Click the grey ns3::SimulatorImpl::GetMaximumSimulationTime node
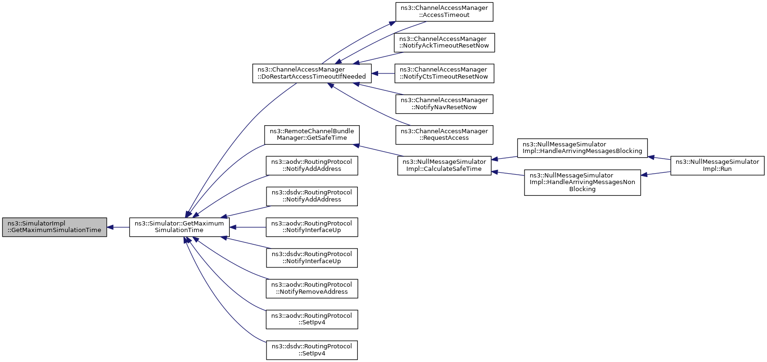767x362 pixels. pyautogui.click(x=55, y=227)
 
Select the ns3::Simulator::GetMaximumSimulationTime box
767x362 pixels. pyautogui.click(x=179, y=227)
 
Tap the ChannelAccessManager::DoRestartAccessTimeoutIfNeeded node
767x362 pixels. pyautogui.click(x=312, y=73)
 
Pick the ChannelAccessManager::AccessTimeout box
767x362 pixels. pyautogui.click(x=444, y=12)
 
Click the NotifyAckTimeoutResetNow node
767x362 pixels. pyautogui.click(x=444, y=43)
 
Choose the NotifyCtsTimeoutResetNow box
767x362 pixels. pyautogui.click(x=444, y=73)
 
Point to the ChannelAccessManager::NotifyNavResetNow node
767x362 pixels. pyautogui.click(x=444, y=104)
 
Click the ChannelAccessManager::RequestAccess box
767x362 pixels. pyautogui.click(x=444, y=135)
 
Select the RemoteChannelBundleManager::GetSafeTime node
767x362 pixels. pyautogui.click(x=312, y=135)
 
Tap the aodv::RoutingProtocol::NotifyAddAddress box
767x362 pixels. pyautogui.click(x=312, y=166)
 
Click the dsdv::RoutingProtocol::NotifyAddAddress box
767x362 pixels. pyautogui.click(x=312, y=196)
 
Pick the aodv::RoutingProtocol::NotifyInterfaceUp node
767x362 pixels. pyautogui.click(x=312, y=227)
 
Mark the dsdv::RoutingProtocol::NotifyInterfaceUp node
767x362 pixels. pyautogui.click(x=312, y=258)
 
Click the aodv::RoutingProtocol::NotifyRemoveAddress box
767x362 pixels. pyautogui.click(x=312, y=289)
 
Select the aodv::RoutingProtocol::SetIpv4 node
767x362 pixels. pyautogui.click(x=312, y=320)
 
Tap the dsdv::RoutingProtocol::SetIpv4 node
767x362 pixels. pyautogui.click(x=312, y=350)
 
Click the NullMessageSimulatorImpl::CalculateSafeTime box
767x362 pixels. pyautogui.click(x=444, y=166)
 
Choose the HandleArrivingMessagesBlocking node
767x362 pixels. pyautogui.click(x=582, y=148)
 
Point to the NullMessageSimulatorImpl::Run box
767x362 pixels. pyautogui.click(x=718, y=166)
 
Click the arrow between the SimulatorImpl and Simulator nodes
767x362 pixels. pyautogui.click(x=118, y=227)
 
